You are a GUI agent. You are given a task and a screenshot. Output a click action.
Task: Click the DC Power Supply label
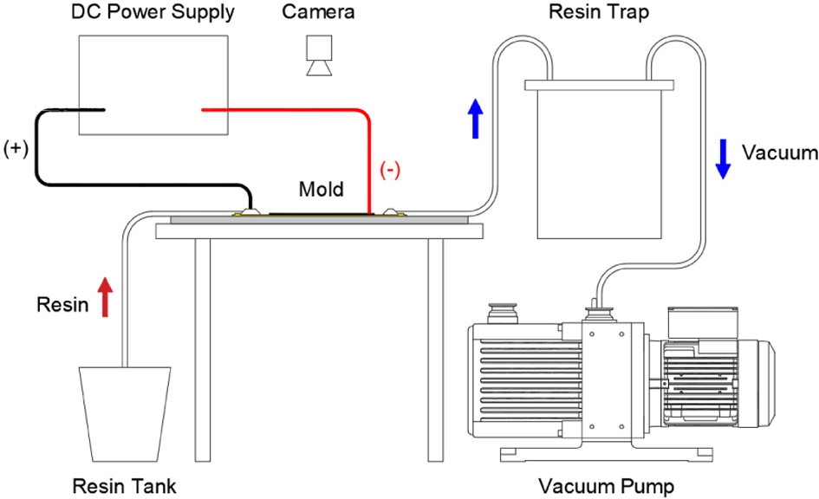[155, 13]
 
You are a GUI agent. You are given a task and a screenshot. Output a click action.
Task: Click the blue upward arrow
[475, 119]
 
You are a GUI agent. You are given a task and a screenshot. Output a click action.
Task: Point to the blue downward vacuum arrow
[721, 157]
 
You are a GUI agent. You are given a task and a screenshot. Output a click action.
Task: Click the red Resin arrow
[106, 297]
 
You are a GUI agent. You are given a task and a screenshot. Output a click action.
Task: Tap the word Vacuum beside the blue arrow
[780, 153]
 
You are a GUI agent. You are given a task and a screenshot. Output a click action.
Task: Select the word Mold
[321, 189]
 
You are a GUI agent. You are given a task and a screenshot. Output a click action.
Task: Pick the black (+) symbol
[16, 148]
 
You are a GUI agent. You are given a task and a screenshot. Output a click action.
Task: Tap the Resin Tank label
[124, 486]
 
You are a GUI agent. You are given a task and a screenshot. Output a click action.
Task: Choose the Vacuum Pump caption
[606, 485]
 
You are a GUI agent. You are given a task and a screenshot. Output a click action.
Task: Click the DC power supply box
[154, 85]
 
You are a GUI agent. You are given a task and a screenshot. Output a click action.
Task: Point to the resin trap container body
[599, 165]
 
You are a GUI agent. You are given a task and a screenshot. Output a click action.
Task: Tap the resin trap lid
[599, 85]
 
